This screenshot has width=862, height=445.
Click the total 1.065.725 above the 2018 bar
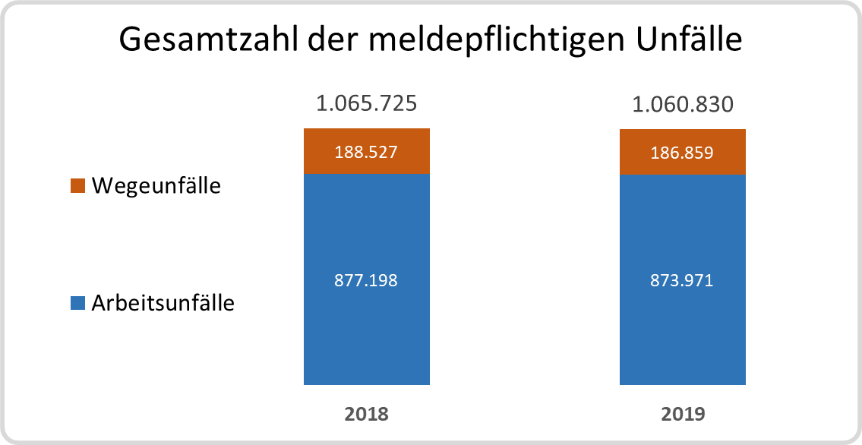coord(367,103)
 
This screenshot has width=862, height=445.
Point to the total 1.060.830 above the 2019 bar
coord(683,104)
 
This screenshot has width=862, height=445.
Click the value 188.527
coord(367,152)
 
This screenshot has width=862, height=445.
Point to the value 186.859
coord(683,152)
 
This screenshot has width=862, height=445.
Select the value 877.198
coord(367,280)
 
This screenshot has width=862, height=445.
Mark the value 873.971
coord(683,280)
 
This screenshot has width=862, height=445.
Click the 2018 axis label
coord(367,415)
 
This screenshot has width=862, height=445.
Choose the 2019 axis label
coord(683,415)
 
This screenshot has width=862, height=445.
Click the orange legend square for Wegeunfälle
coord(77,186)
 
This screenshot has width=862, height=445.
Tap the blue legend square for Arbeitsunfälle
coord(77,304)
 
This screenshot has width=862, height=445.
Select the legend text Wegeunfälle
coord(156,185)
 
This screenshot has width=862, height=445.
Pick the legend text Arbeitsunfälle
coord(163,304)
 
